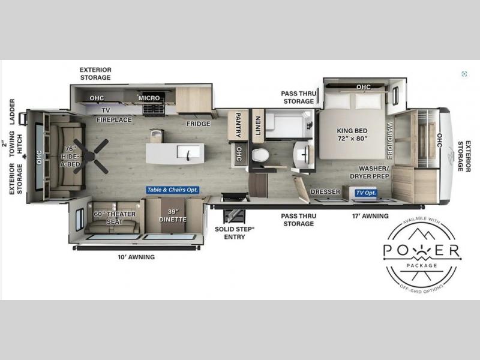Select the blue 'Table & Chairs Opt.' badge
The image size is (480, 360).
(173, 190)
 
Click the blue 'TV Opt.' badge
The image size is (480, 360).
(366, 193)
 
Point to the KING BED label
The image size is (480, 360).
(352, 134)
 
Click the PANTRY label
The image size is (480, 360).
(238, 125)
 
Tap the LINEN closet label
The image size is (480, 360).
(258, 125)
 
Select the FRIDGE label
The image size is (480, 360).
(199, 124)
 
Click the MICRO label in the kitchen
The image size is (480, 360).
(149, 98)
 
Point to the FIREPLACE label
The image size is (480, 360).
(114, 119)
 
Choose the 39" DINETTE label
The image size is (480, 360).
(173, 215)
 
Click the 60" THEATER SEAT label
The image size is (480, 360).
(115, 218)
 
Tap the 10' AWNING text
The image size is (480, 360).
(136, 257)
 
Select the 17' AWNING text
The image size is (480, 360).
(370, 216)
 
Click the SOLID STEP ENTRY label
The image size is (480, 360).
(235, 233)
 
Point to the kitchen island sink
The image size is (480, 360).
(188, 152)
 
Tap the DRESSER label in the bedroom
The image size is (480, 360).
(325, 191)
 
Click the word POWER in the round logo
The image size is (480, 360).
(422, 250)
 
